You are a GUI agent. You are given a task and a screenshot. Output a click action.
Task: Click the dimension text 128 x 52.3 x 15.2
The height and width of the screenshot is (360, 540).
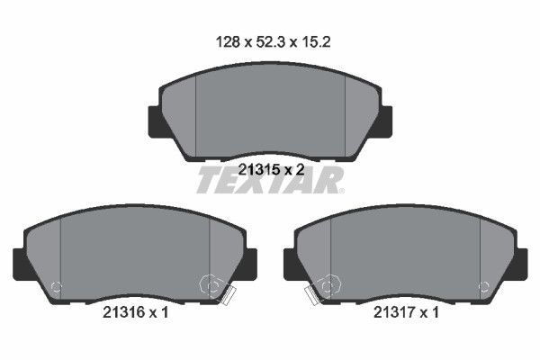(273, 42)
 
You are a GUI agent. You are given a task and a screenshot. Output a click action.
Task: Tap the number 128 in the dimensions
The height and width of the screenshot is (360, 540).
(228, 42)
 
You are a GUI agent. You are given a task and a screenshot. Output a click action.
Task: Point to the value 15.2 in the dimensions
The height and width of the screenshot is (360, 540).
(316, 42)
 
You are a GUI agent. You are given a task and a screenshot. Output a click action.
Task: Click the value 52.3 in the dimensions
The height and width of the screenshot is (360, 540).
(270, 42)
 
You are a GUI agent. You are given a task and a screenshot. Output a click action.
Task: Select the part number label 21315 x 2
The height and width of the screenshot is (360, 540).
(272, 169)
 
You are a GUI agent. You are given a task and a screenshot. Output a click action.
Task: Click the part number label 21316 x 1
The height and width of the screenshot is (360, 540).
(135, 312)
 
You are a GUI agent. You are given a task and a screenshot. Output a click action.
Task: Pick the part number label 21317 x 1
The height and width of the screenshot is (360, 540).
(407, 312)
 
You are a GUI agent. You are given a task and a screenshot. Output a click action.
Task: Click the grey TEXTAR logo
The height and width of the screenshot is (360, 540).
(270, 180)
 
